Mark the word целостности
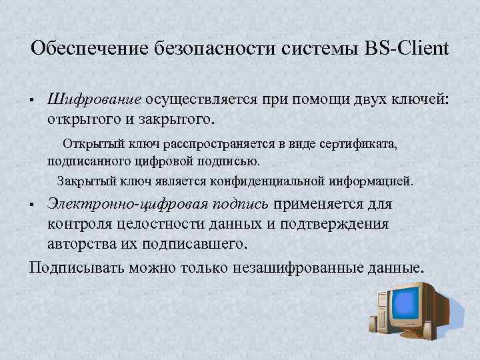point(148,224)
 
